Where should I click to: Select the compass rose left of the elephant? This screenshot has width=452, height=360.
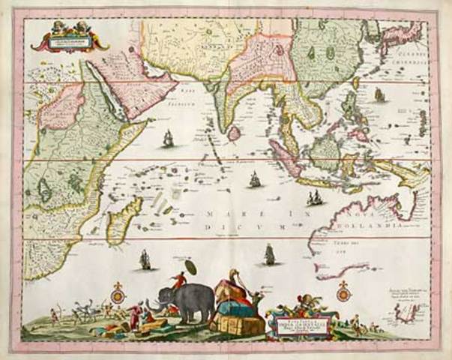coord(116,294)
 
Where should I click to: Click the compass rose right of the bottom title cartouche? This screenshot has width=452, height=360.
coord(343,292)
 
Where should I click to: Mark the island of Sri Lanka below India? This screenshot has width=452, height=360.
coord(234,133)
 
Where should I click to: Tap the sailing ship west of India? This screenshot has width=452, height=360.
coord(168,139)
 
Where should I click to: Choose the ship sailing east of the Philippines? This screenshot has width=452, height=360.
coord(380,95)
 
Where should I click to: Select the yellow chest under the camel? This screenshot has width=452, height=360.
coord(238,325)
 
